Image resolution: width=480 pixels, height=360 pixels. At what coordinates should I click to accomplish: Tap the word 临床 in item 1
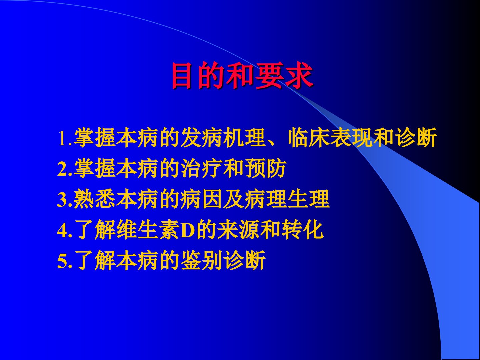(x=309, y=138)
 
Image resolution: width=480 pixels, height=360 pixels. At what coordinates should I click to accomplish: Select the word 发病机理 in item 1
(x=223, y=138)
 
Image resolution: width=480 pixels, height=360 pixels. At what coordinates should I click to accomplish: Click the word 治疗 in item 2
(x=202, y=169)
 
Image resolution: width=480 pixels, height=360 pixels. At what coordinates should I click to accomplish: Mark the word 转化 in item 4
(x=302, y=230)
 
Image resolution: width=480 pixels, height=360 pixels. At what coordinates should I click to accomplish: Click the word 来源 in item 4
(x=238, y=230)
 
